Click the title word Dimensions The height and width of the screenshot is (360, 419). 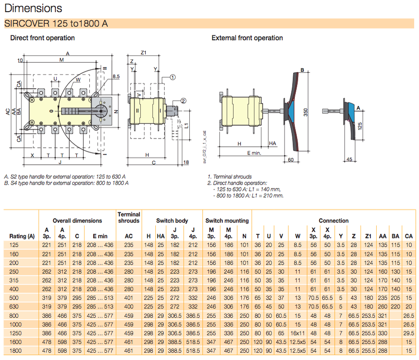click(x=33, y=8)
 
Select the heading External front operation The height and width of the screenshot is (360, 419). click(x=247, y=38)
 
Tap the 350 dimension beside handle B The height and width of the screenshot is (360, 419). click(x=306, y=112)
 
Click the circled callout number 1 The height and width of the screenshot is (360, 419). click(x=173, y=77)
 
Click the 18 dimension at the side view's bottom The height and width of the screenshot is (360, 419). click(x=186, y=162)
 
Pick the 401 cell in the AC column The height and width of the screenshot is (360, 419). click(x=129, y=298)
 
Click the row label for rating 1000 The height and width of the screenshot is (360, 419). click(x=16, y=325)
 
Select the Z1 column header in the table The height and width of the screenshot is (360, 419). click(x=369, y=236)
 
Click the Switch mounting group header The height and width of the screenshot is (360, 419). click(x=227, y=221)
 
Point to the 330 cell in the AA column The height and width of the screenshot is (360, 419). click(x=382, y=334)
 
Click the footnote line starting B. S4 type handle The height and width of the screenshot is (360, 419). click(x=66, y=183)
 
